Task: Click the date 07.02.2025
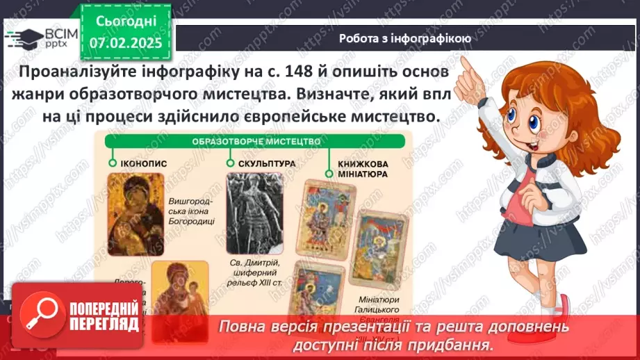(125, 43)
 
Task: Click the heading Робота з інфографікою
(405, 39)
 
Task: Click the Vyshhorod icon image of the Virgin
(136, 206)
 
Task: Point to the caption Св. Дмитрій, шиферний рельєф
(254, 272)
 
